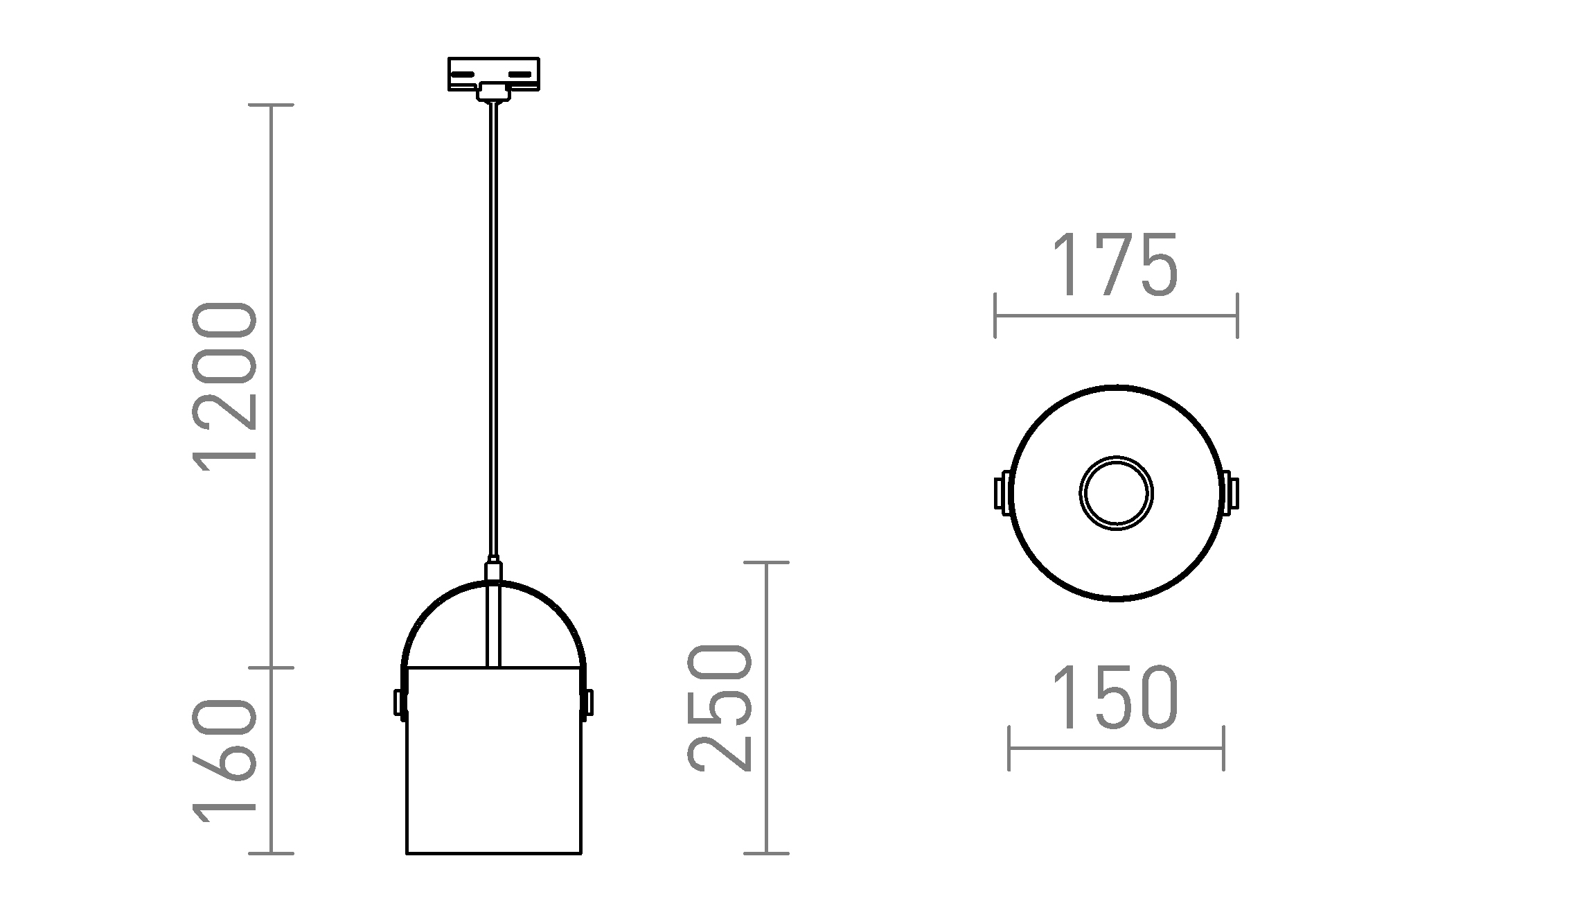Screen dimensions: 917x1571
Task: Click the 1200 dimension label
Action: coord(226,387)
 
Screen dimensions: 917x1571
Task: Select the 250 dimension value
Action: coord(720,708)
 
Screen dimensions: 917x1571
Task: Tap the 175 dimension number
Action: coord(1115,265)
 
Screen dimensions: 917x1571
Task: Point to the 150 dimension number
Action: coord(1115,698)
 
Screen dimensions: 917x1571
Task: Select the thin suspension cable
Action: coord(493,333)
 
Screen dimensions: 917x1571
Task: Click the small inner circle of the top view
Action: coord(1116,494)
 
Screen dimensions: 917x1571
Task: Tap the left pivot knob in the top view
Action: coord(1002,494)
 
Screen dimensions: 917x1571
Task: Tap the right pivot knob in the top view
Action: coord(1231,494)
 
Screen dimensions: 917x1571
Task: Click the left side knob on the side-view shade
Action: coord(398,701)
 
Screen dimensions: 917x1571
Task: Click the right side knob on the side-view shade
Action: coord(588,701)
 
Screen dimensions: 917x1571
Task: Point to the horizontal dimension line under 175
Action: coord(1116,316)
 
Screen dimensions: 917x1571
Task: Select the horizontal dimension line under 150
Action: coord(1116,749)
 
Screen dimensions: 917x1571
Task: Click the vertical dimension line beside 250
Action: coord(766,707)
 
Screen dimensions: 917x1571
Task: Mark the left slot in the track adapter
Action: coord(463,73)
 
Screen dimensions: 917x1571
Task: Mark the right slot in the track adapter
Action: coord(524,73)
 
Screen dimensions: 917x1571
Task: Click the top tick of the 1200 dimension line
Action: coord(271,105)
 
